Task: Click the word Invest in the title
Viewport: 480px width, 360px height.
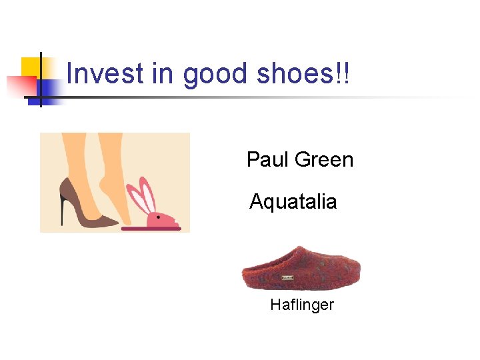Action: tap(105, 74)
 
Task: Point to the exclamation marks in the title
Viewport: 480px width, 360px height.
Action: tap(343, 74)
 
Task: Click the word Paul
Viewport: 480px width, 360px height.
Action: tap(267, 160)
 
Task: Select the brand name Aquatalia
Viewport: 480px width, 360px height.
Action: tap(293, 201)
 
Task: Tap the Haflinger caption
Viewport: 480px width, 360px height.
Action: tap(301, 305)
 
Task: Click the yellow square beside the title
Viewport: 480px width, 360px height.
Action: tap(31, 67)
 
